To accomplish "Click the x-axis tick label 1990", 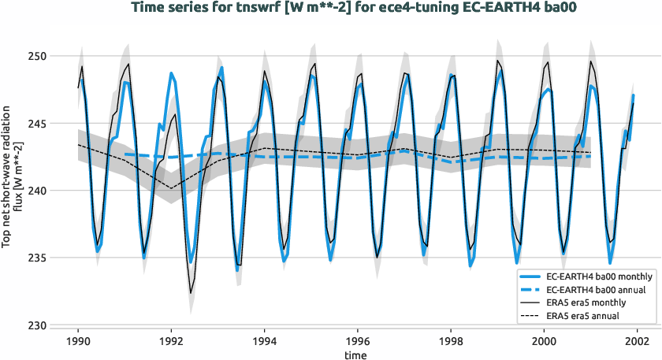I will click(x=78, y=342).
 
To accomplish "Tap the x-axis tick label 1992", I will click(x=171, y=342).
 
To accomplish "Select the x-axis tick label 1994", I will click(x=264, y=342).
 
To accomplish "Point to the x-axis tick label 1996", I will click(x=357, y=342).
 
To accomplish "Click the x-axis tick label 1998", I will click(x=450, y=342).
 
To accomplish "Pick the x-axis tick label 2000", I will click(x=543, y=342).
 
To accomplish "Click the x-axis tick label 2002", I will click(x=636, y=342).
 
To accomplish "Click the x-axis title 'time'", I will click(x=357, y=354).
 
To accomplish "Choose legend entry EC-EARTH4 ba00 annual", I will click(x=590, y=290).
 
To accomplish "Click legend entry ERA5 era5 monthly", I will click(x=584, y=302).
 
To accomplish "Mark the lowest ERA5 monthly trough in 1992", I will click(x=190, y=293).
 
